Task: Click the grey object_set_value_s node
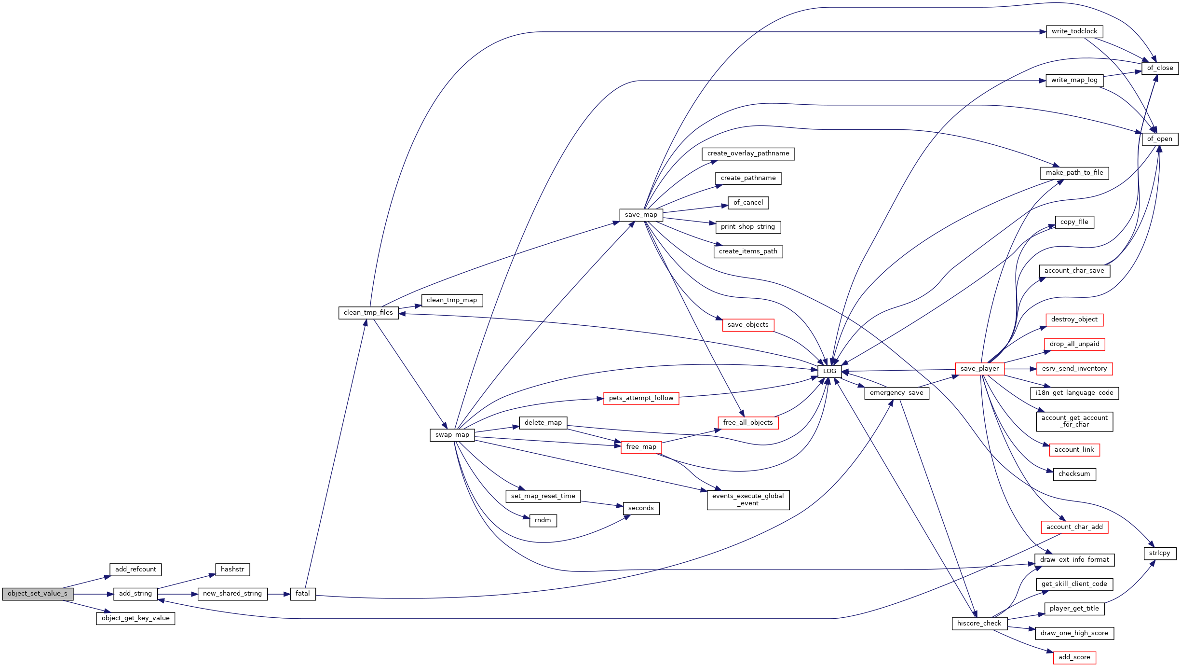coord(38,594)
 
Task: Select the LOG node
coord(829,371)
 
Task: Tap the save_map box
coord(641,215)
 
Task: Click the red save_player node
coord(979,369)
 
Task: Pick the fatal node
coord(303,594)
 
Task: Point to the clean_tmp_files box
coord(368,313)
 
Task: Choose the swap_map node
coord(452,435)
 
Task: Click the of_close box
coord(1160,68)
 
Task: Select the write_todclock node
coord(1074,31)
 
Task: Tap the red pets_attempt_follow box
coord(641,398)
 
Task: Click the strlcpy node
coord(1159,553)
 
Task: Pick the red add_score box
coord(1074,657)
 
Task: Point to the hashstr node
coord(232,570)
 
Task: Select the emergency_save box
coord(896,393)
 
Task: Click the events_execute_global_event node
coord(748,500)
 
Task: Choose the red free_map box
coord(641,447)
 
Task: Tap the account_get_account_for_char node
coord(1074,421)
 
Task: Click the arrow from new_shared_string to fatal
coord(279,594)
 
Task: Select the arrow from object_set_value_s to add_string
coord(94,594)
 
